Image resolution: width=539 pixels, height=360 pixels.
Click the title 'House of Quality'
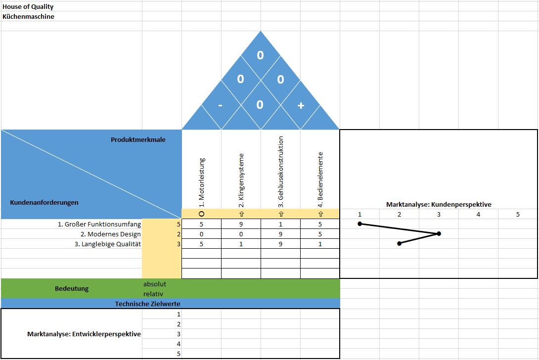pyautogui.click(x=28, y=6)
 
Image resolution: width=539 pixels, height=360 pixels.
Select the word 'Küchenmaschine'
pyautogui.click(x=28, y=16)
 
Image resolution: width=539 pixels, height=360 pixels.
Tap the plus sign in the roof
pyautogui.click(x=301, y=105)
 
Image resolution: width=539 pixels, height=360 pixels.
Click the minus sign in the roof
pyautogui.click(x=221, y=105)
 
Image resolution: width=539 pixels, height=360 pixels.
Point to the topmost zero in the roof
pyautogui.click(x=260, y=55)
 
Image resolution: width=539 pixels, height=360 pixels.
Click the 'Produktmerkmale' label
pyautogui.click(x=138, y=139)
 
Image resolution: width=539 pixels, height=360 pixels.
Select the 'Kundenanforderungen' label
pyautogui.click(x=44, y=203)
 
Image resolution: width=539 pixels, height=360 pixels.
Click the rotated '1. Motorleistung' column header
pyautogui.click(x=201, y=182)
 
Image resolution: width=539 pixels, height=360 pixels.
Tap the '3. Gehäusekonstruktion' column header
pyautogui.click(x=281, y=172)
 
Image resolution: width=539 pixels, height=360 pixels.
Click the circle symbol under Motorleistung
pyautogui.click(x=201, y=214)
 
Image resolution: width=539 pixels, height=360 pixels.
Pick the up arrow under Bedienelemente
pyautogui.click(x=321, y=214)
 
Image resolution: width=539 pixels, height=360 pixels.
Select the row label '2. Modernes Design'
pyautogui.click(x=111, y=234)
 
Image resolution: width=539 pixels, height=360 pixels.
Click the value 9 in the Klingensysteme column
pyautogui.click(x=241, y=224)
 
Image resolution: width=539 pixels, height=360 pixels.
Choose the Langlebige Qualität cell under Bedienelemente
pyautogui.click(x=320, y=244)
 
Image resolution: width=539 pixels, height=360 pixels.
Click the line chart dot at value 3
pyautogui.click(x=439, y=234)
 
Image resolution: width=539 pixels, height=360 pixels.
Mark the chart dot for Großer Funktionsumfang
pyautogui.click(x=359, y=224)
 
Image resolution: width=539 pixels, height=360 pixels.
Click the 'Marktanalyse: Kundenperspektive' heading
pyautogui.click(x=439, y=205)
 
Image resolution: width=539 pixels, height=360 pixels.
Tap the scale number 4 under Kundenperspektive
pyautogui.click(x=478, y=214)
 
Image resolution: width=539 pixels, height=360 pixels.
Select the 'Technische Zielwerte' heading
pyautogui.click(x=147, y=304)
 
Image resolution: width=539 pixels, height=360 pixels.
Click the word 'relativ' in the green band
pyautogui.click(x=153, y=294)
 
